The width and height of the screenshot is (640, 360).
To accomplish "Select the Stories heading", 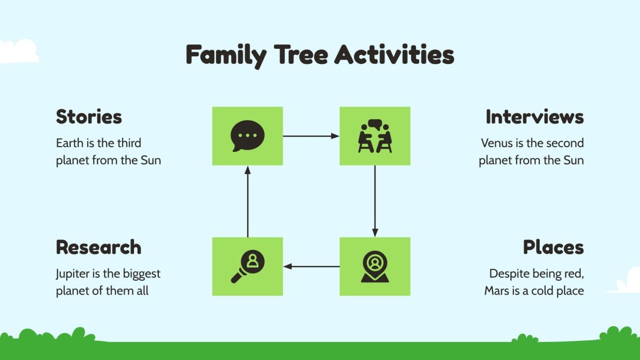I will pyautogui.click(x=89, y=117).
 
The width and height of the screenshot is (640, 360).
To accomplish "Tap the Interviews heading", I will pyautogui.click(x=534, y=117).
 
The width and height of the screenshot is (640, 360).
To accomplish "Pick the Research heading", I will pyautogui.click(x=99, y=248).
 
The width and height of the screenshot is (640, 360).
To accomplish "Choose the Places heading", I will pyautogui.click(x=553, y=248).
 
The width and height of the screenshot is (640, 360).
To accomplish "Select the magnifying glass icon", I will pyautogui.click(x=247, y=267).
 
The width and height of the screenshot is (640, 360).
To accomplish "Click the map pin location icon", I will pyautogui.click(x=375, y=267).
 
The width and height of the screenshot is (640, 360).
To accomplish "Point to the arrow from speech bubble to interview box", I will pyautogui.click(x=311, y=136).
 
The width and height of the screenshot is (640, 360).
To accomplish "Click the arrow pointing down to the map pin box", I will pyautogui.click(x=375, y=201).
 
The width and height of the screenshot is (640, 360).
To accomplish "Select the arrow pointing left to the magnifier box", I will pyautogui.click(x=311, y=266).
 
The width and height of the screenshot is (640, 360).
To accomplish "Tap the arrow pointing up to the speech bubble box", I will pyautogui.click(x=247, y=201).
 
